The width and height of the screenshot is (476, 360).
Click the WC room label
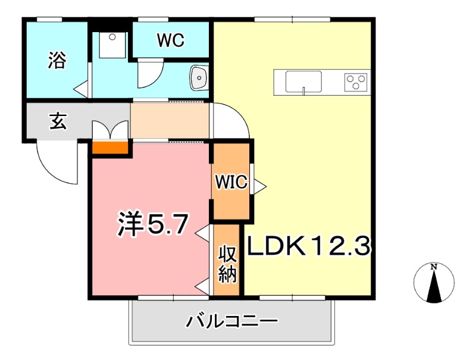(x=171, y=40)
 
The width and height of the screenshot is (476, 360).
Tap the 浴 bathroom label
(x=57, y=60)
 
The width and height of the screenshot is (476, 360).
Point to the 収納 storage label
(x=228, y=264)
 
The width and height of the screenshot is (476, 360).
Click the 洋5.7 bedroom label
(x=153, y=224)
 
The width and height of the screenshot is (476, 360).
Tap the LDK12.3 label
(x=309, y=245)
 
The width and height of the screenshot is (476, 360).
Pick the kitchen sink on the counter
(x=303, y=82)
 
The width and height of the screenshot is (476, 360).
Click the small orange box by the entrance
(x=111, y=147)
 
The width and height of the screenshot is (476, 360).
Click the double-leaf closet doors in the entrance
(x=111, y=129)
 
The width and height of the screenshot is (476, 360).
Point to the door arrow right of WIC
(x=259, y=186)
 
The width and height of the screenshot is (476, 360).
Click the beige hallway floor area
(x=170, y=121)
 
